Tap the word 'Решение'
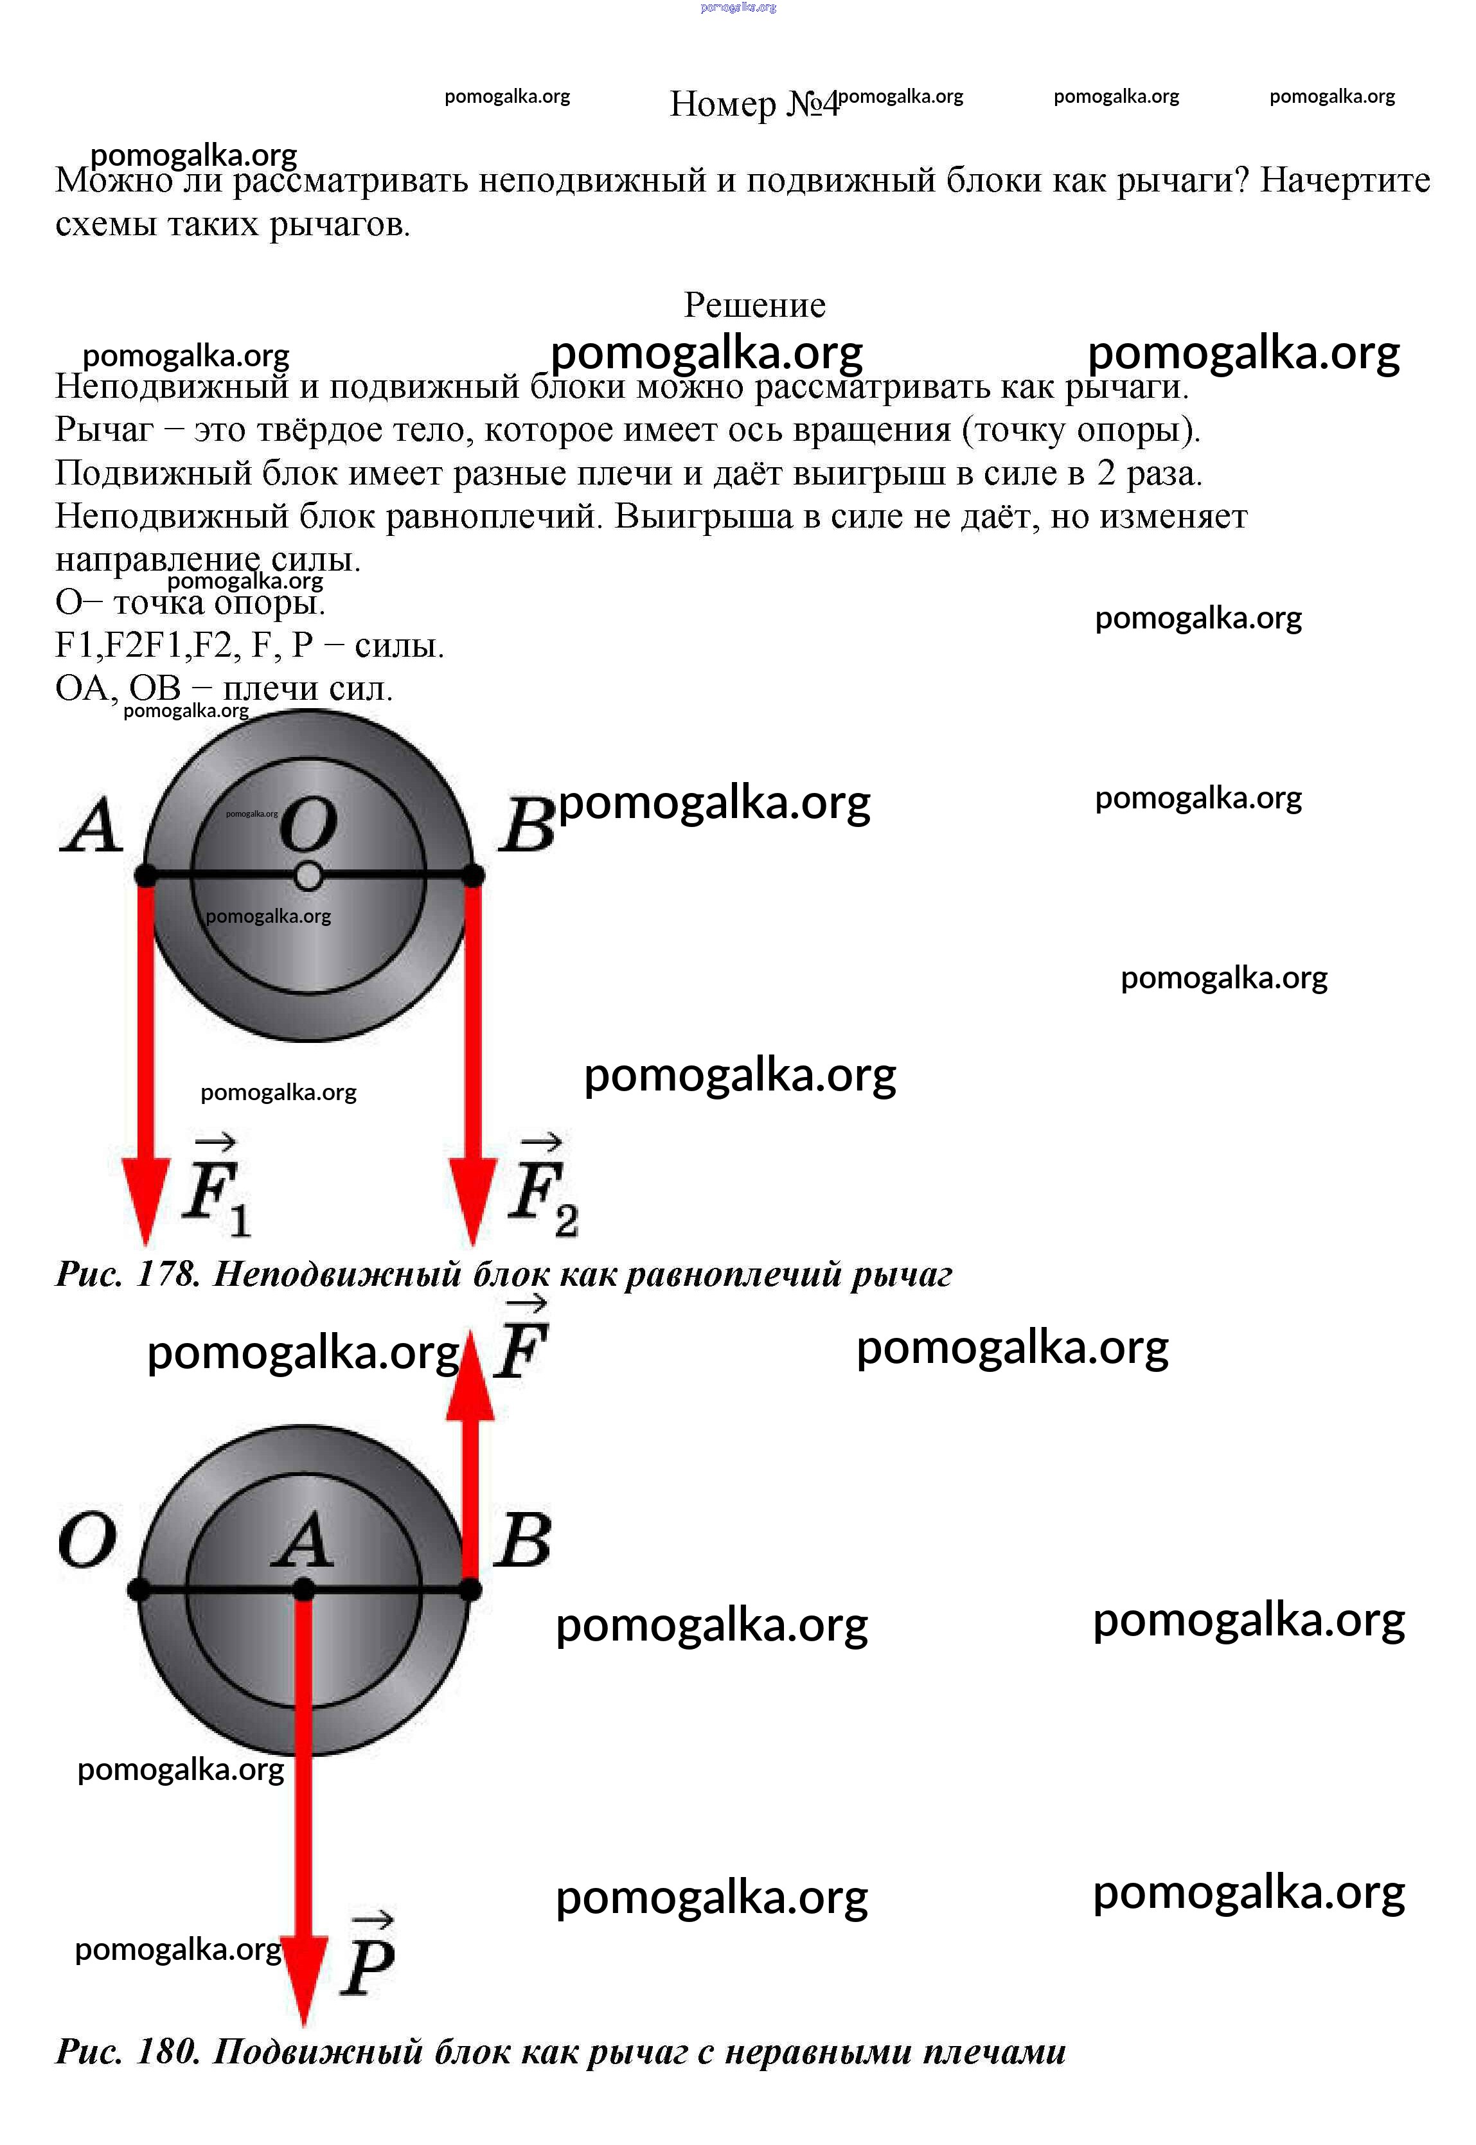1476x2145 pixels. click(754, 305)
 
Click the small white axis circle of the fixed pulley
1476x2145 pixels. click(308, 876)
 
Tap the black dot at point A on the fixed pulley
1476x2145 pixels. click(145, 875)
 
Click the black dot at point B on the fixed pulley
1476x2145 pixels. click(472, 875)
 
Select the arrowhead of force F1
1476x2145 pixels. click(145, 1201)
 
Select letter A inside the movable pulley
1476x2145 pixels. click(303, 1540)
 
